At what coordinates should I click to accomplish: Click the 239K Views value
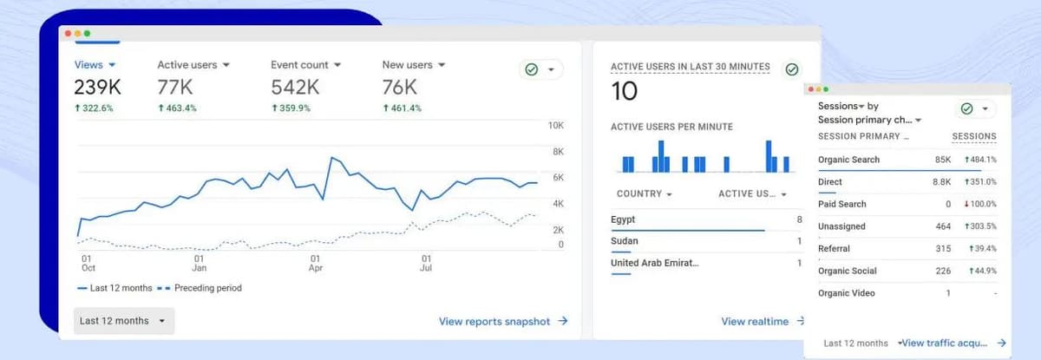pyautogui.click(x=97, y=87)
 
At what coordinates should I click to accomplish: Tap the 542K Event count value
pyautogui.click(x=295, y=87)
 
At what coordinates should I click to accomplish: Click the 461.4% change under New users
pyautogui.click(x=402, y=108)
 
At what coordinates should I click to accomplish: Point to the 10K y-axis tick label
pyautogui.click(x=556, y=126)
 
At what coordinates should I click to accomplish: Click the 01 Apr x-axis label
pyautogui.click(x=315, y=263)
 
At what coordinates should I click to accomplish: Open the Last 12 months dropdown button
pyautogui.click(x=124, y=321)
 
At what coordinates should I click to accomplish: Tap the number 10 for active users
pyautogui.click(x=624, y=91)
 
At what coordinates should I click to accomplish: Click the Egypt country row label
pyautogui.click(x=623, y=219)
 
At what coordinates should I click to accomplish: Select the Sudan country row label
pyautogui.click(x=625, y=241)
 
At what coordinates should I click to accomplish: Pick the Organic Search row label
pyautogui.click(x=848, y=160)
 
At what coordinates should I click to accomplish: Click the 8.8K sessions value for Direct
pyautogui.click(x=941, y=182)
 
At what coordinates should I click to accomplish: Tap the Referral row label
pyautogui.click(x=834, y=249)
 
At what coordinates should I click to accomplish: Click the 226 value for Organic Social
pyautogui.click(x=943, y=271)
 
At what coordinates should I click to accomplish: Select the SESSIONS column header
pyautogui.click(x=973, y=136)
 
